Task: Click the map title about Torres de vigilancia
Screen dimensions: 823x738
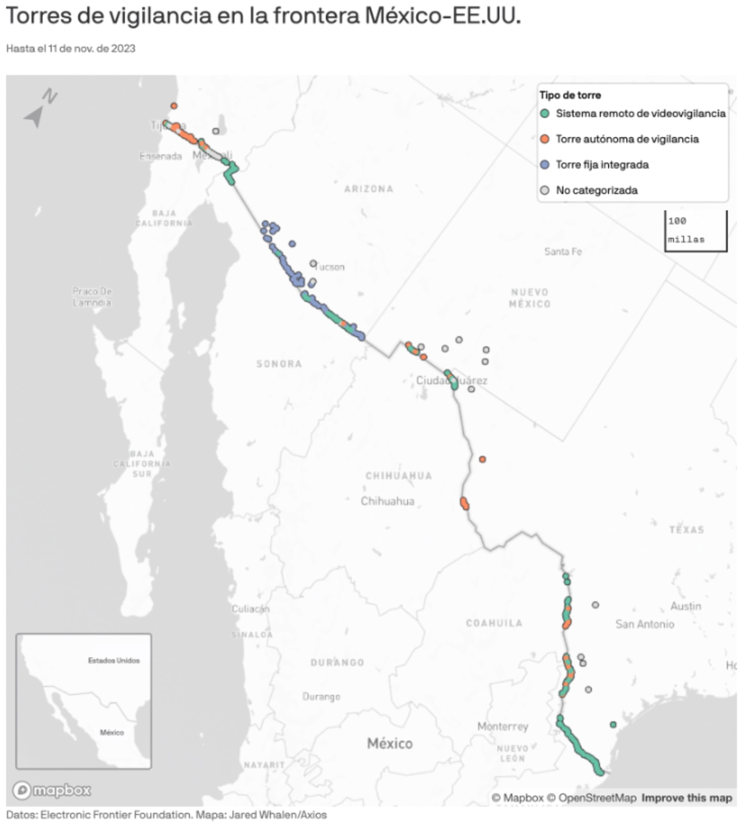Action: coord(263,16)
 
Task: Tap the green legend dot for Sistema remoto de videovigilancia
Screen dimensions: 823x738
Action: coord(545,113)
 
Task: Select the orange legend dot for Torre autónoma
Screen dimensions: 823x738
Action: coord(545,139)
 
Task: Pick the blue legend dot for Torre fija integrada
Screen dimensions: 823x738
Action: coord(545,165)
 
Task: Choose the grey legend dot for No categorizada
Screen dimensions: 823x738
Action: coord(545,190)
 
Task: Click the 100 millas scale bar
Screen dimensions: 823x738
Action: coord(695,231)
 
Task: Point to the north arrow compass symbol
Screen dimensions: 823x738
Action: coord(39,108)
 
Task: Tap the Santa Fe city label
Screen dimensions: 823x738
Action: coord(563,252)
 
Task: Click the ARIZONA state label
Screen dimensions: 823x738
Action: coord(369,189)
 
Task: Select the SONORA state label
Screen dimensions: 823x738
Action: coord(279,364)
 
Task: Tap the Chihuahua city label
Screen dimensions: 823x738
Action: coord(388,501)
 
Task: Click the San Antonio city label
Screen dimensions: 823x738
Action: coord(645,625)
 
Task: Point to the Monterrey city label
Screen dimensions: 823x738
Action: coord(502,726)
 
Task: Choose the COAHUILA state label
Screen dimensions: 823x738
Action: coord(494,623)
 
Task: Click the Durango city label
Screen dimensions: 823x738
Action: coord(321,696)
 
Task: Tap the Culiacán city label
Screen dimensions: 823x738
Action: coord(250,609)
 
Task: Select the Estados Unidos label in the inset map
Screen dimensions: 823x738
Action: coord(114,660)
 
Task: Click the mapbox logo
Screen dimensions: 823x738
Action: coord(52,790)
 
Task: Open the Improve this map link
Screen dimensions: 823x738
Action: coord(686,798)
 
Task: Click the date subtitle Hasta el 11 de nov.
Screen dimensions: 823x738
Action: coord(71,48)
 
